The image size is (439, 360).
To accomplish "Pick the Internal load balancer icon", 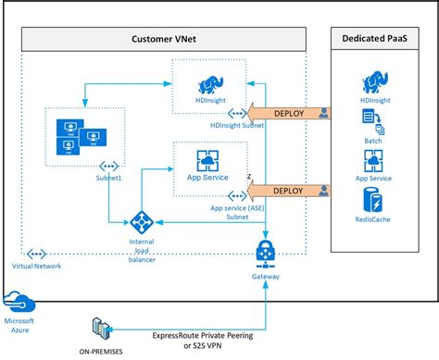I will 142,222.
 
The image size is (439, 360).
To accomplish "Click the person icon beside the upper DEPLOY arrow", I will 323,113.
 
